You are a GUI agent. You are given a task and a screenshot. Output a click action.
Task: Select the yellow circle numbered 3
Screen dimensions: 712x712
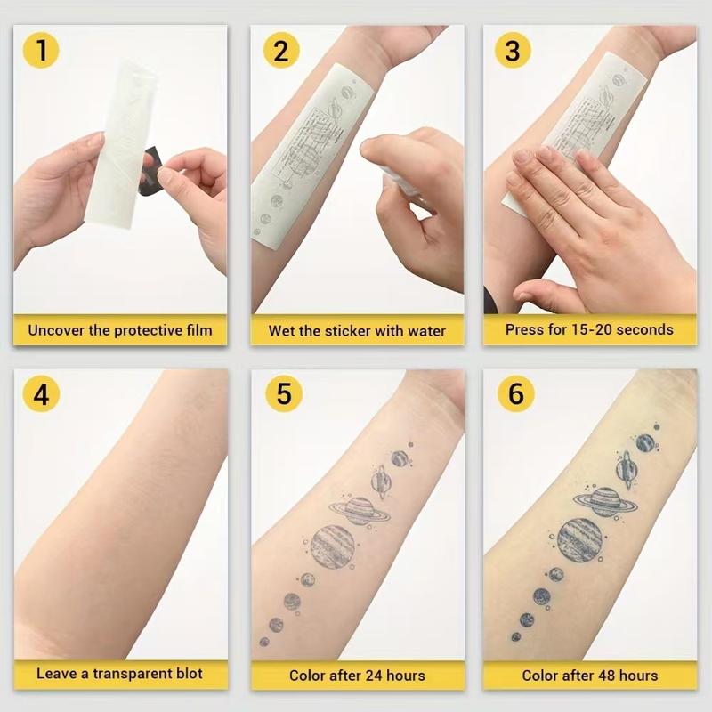click(512, 50)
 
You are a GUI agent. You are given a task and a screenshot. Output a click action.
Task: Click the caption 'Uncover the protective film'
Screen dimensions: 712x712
click(120, 330)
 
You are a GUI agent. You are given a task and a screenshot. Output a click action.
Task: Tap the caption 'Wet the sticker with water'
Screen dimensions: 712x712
click(357, 330)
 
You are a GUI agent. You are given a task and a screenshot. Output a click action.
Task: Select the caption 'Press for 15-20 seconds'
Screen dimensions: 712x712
click(589, 330)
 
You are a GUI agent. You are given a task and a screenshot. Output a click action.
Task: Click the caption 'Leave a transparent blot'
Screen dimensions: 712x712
click(120, 674)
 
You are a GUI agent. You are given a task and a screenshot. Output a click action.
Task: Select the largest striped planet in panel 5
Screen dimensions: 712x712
click(334, 546)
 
